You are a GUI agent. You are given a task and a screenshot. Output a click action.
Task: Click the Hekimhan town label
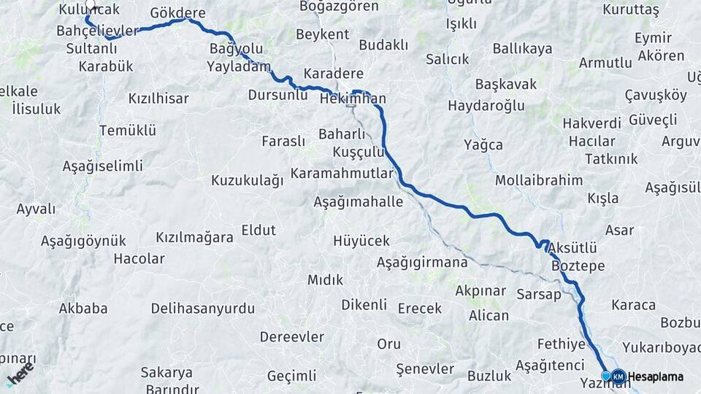coord(353,98)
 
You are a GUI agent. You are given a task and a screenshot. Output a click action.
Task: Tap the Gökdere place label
coord(177,13)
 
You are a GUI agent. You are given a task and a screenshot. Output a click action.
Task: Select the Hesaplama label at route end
coord(656,376)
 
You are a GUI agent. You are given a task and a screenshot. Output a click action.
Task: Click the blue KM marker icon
coord(618,376)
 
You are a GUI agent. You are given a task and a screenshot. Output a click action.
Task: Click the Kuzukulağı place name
coord(247,180)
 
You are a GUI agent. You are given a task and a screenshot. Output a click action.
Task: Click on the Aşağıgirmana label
coord(423,262)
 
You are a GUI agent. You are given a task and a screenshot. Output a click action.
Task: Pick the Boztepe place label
coord(578,266)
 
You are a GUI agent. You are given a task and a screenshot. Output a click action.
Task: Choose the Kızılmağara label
coord(194,237)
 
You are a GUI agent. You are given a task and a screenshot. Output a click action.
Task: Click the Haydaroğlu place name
coord(486,106)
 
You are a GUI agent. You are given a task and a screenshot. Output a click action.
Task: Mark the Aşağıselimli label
coord(102,166)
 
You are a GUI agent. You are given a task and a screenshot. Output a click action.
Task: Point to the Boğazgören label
coord(340,7)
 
